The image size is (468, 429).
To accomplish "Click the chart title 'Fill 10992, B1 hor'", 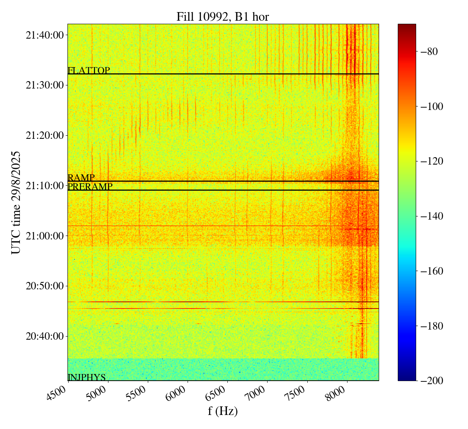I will click(x=222, y=16).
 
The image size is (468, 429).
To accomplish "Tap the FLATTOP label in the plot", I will click(x=89, y=71).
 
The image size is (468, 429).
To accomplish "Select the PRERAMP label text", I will click(x=90, y=187).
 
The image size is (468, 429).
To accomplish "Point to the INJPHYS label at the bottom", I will click(x=87, y=377).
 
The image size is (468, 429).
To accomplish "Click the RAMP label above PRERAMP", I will click(x=81, y=178).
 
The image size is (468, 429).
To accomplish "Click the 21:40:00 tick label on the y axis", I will click(x=44, y=35).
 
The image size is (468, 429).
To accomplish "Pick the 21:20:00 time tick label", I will click(x=44, y=135).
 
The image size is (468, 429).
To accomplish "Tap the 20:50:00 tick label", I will click(x=44, y=286).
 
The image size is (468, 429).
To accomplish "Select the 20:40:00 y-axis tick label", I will click(x=44, y=336).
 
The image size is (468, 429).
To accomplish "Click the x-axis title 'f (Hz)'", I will click(x=223, y=411).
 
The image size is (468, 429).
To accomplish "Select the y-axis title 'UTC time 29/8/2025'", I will click(x=16, y=202).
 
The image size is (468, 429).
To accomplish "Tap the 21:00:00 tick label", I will click(x=44, y=236).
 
